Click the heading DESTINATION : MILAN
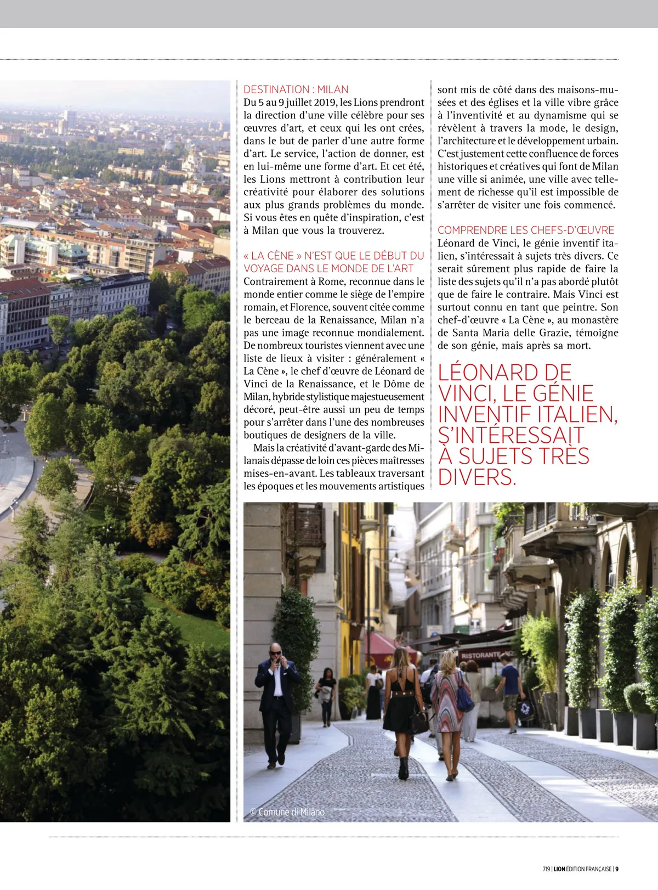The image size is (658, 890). pos(296,89)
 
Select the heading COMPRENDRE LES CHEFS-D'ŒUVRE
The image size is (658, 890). pos(525,230)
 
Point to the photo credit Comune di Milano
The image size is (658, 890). pos(287,812)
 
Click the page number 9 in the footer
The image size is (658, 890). pos(616,869)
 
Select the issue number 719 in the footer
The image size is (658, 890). pos(546,869)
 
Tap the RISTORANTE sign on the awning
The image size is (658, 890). pos(481,655)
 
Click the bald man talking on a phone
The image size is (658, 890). pos(277,702)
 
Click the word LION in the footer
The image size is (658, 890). pos(559,869)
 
